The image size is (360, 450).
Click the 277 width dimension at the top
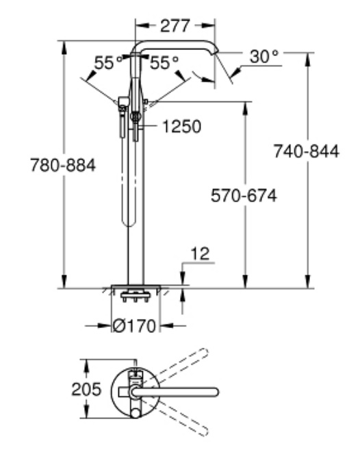tap(175, 26)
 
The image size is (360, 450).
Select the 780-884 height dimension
tap(63, 165)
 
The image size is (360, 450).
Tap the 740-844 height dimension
tap(307, 151)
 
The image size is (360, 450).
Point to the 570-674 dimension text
tap(244, 196)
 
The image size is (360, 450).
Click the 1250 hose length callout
tap(182, 127)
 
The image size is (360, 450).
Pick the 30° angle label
tap(264, 56)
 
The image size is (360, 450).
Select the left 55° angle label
tap(108, 62)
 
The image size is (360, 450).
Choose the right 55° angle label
tap(164, 62)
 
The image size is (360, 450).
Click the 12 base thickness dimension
tap(201, 253)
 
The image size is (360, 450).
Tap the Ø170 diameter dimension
tap(135, 326)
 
